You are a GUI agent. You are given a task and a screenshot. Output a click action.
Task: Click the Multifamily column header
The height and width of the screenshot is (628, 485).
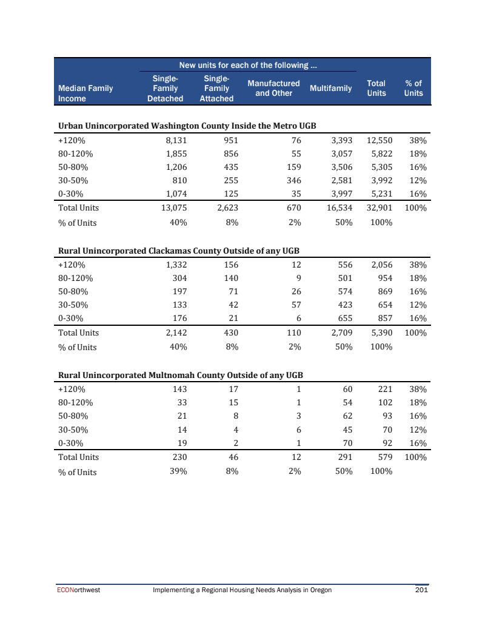point(330,89)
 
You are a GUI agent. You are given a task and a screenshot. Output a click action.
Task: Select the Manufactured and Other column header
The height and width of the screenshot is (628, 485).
point(273,88)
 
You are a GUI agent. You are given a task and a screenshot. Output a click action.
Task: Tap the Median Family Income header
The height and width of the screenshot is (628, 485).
point(85,93)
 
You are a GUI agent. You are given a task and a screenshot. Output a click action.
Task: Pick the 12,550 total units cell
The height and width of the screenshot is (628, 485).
point(380,141)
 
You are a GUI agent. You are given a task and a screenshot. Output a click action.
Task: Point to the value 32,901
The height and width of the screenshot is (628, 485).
point(380,208)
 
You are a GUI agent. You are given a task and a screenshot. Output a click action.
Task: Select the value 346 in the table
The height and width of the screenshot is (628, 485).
point(294,181)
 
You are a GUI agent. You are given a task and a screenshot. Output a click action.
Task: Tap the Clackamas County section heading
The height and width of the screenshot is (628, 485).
point(179,251)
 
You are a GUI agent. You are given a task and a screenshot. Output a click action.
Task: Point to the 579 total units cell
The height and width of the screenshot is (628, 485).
point(385,457)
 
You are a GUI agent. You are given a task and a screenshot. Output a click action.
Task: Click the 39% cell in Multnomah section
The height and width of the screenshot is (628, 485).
point(178,472)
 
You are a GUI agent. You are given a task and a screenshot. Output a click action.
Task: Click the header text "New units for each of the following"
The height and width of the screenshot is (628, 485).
point(248,65)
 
